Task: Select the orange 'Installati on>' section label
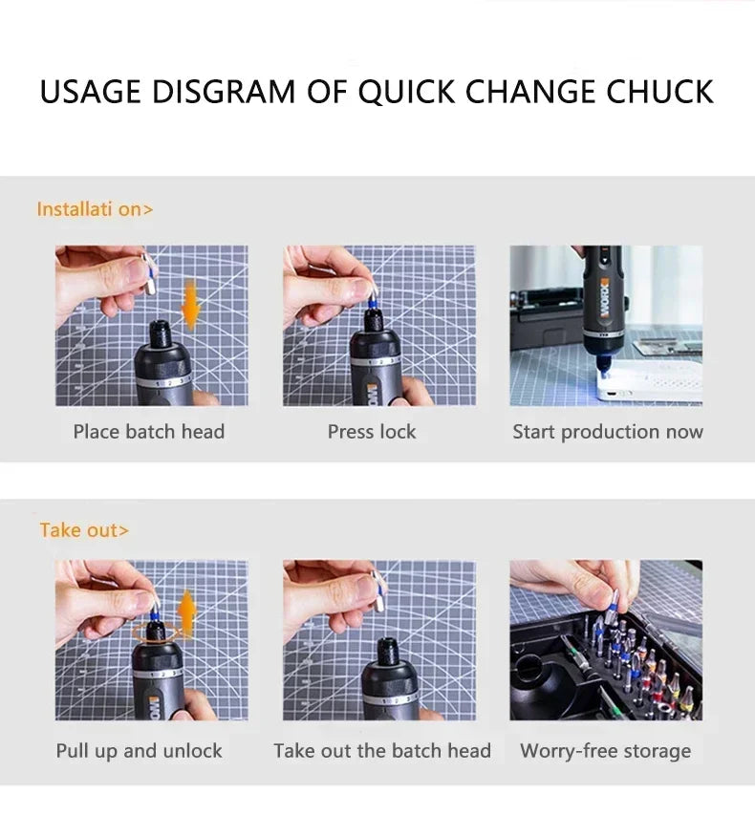click(95, 209)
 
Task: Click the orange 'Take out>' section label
click(84, 530)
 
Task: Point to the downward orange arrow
click(190, 305)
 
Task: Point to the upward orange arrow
click(187, 612)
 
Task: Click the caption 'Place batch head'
click(149, 432)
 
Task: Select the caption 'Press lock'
click(372, 432)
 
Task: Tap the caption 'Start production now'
click(608, 432)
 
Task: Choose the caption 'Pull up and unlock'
click(139, 751)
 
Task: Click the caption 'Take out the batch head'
click(382, 751)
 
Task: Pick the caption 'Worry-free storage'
click(605, 751)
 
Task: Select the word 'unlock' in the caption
click(194, 751)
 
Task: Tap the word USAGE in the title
click(91, 92)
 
